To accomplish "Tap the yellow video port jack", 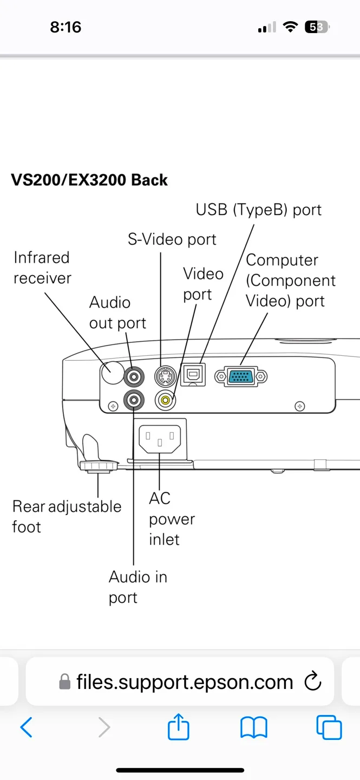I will tap(166, 400).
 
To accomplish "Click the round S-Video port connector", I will tap(165, 375).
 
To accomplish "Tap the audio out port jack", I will tap(134, 375).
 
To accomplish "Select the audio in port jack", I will tap(134, 400).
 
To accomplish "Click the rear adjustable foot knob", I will tap(98, 465).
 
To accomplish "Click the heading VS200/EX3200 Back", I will tap(89, 180).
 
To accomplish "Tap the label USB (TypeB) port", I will tap(258, 210).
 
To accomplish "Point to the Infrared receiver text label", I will tap(42, 268).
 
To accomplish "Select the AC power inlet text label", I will tap(171, 518).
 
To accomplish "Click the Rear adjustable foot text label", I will tap(66, 516).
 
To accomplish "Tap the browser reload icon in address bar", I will tap(313, 681).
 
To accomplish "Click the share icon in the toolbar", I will tap(178, 727).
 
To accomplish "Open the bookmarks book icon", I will tap(253, 727).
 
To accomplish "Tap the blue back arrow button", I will tap(26, 727).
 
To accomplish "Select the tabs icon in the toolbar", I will tap(329, 727).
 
